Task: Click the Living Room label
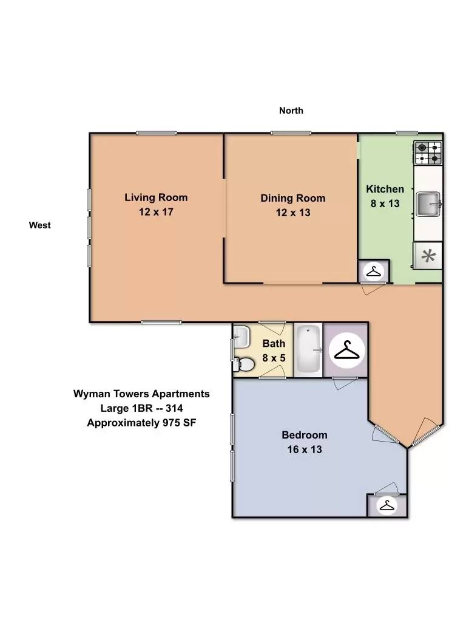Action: [156, 197]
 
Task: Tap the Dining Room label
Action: [292, 198]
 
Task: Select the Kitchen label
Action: [385, 189]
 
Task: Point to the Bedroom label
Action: [304, 435]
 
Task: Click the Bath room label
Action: [274, 344]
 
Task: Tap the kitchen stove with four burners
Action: [428, 153]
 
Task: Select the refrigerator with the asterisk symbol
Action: [428, 256]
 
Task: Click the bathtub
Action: [308, 350]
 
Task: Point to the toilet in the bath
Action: [245, 364]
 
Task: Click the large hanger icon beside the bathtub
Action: [345, 350]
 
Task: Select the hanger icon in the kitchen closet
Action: [374, 272]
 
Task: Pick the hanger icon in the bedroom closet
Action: [386, 505]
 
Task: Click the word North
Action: [291, 111]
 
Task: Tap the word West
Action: [40, 225]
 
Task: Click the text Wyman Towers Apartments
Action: [141, 394]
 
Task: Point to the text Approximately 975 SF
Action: [141, 423]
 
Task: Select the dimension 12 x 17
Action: [156, 212]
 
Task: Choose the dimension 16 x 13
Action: [304, 449]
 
